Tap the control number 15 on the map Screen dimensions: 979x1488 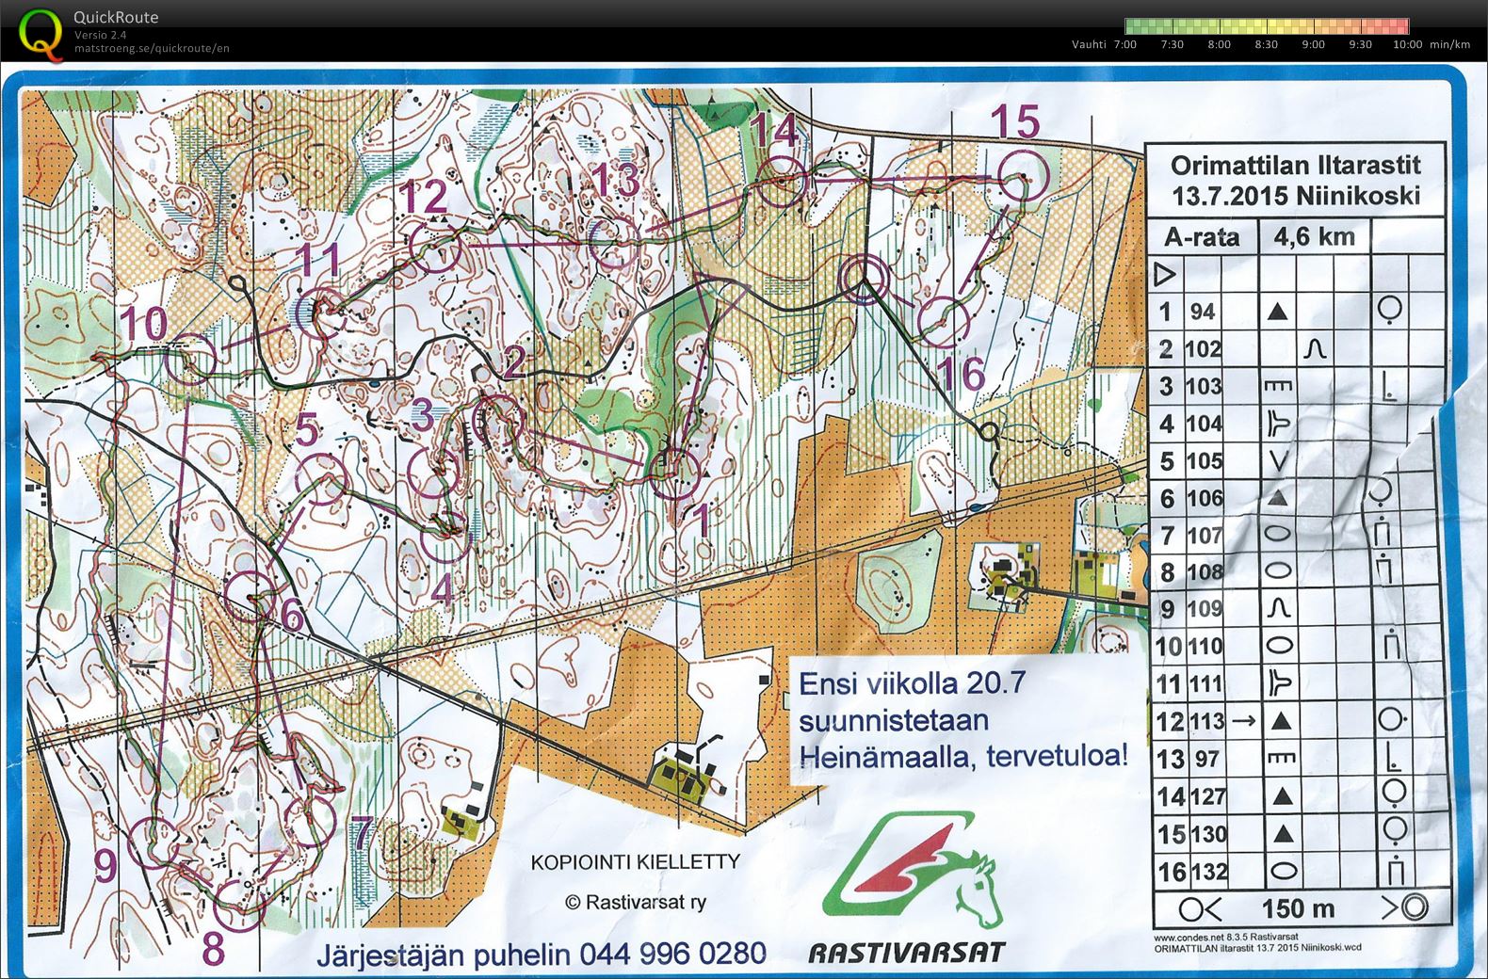point(1016,122)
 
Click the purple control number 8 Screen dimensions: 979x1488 point(214,948)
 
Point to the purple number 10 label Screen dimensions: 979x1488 point(143,324)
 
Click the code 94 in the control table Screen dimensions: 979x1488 point(1202,312)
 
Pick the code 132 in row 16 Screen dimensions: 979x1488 point(1208,871)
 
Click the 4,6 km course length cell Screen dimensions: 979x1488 point(1314,235)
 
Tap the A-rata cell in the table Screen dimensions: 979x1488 point(1202,236)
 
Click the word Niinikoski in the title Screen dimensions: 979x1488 point(1357,196)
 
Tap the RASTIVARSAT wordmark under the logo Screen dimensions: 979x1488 point(906,953)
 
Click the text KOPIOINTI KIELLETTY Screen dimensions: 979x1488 point(636,862)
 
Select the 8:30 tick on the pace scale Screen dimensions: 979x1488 point(1266,44)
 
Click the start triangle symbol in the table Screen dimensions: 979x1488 point(1165,274)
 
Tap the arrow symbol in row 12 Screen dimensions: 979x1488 point(1243,721)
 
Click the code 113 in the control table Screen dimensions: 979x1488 point(1207,721)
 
